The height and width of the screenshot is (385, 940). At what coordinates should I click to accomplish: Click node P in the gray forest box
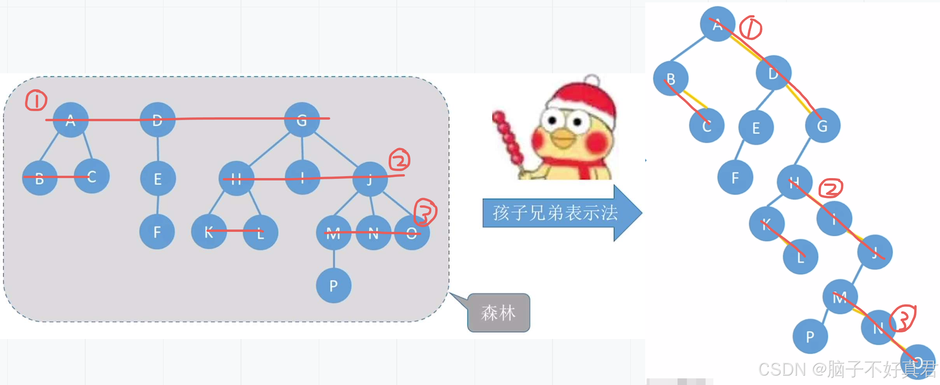click(x=334, y=285)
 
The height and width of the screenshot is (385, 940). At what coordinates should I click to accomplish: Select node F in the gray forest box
click(x=157, y=232)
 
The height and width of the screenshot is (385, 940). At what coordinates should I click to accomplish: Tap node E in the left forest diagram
click(x=158, y=179)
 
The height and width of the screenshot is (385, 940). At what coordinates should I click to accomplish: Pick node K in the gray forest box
click(x=209, y=232)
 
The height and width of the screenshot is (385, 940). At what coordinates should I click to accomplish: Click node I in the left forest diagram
click(x=303, y=177)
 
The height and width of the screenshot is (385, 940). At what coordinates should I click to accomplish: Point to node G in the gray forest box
click(x=302, y=120)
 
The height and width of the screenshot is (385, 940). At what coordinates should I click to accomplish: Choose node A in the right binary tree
click(x=717, y=24)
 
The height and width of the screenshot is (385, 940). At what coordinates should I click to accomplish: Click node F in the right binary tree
click(x=735, y=178)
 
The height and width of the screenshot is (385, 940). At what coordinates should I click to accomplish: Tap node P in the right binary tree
click(x=810, y=336)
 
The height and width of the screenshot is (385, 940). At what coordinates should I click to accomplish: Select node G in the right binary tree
click(x=822, y=125)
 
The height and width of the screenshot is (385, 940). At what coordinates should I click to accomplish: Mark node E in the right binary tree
click(x=756, y=128)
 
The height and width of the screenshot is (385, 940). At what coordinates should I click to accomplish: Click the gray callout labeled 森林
click(x=498, y=313)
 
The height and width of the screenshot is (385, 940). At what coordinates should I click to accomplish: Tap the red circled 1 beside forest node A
click(x=36, y=101)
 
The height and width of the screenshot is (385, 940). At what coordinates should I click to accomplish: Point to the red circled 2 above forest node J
click(x=400, y=160)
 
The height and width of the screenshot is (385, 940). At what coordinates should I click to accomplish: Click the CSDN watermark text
click(x=847, y=369)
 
